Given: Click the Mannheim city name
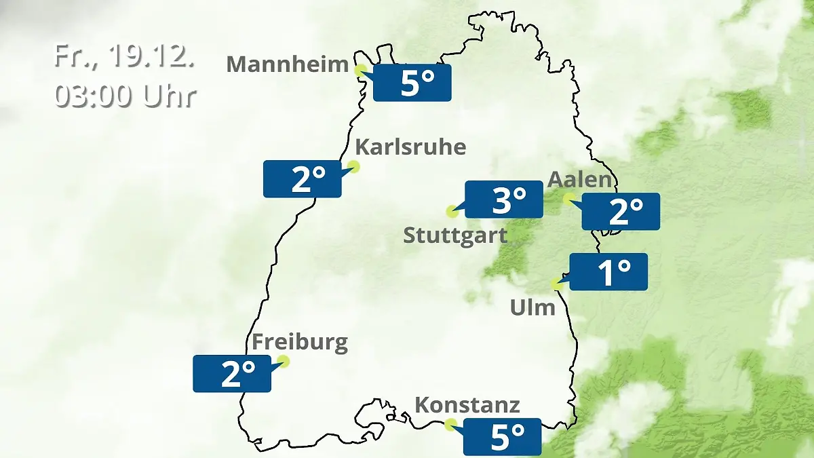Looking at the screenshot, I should point(286,64).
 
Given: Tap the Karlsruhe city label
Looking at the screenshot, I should point(410,147).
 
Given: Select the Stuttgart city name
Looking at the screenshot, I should point(455,236).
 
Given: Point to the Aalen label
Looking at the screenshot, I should point(580,180).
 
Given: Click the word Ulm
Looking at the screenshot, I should point(532,308).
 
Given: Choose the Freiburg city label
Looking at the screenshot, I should point(300,341).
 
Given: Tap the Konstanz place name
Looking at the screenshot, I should point(467,405).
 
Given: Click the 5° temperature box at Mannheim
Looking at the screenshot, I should point(412,83).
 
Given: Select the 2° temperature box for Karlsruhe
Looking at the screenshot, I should point(303,179).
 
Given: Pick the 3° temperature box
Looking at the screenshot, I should point(504,199).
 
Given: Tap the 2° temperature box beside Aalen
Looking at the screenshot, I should point(621,212).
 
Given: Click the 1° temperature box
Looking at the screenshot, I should point(608,272).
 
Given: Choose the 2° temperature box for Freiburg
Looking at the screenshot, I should point(232,373).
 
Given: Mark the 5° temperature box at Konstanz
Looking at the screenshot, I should point(502,437).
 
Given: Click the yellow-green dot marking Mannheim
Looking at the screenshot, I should point(361,69).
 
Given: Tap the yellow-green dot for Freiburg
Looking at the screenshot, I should point(284,361).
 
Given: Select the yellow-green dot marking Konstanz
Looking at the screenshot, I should point(450,425).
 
